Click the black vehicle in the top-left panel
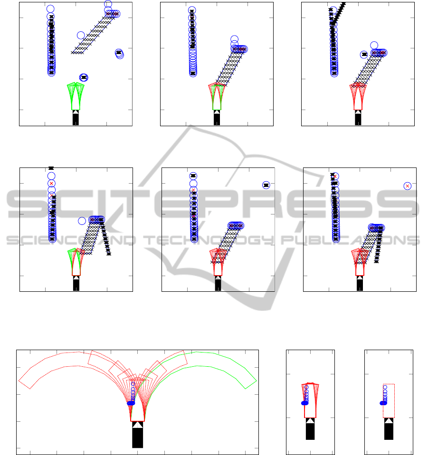click(x=76, y=118)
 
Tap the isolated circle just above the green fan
click(x=84, y=77)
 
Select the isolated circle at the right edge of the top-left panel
click(x=119, y=53)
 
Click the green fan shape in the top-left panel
click(x=76, y=96)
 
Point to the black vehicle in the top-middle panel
click(x=217, y=118)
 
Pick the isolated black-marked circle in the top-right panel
click(x=364, y=54)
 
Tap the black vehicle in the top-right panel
click(x=358, y=118)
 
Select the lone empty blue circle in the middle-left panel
click(x=82, y=221)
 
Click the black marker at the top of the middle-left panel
click(x=51, y=168)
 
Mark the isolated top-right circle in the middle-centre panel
click(x=266, y=185)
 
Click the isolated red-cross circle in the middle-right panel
click(x=408, y=186)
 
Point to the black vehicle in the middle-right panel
click(x=360, y=283)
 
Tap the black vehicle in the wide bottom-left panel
click(x=137, y=435)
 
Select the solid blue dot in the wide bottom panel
click(x=131, y=403)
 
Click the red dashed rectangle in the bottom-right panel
click(x=389, y=401)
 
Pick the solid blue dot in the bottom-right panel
click(x=383, y=403)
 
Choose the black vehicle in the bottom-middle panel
click(x=310, y=429)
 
